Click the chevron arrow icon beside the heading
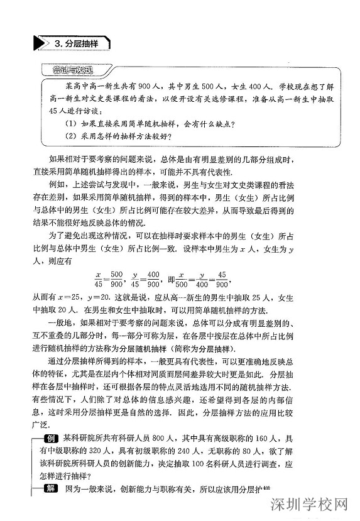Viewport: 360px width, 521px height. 43,43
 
